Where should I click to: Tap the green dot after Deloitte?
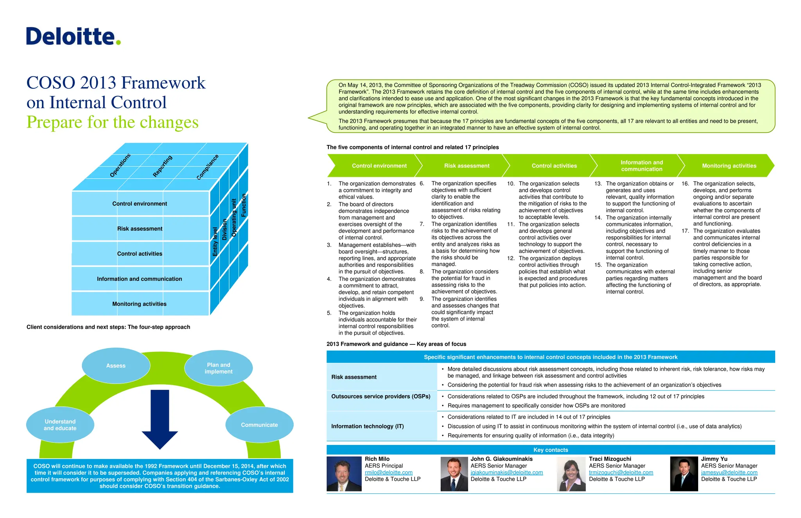[x=119, y=42]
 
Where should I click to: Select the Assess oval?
[x=116, y=366]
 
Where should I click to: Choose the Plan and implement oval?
[x=218, y=368]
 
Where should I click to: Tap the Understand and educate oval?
[x=60, y=425]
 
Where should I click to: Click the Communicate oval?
[x=259, y=425]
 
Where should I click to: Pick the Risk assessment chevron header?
[x=467, y=166]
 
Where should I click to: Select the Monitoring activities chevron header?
[x=729, y=166]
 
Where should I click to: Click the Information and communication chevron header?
[x=641, y=166]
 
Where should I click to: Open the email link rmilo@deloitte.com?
[x=388, y=472]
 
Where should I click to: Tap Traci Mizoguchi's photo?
[x=571, y=474]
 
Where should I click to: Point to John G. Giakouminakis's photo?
[x=454, y=474]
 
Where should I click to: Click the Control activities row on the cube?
[x=140, y=254]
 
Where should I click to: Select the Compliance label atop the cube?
[x=207, y=167]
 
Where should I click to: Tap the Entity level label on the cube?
[x=215, y=242]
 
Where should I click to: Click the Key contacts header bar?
[x=550, y=450]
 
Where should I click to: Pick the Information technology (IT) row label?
[x=367, y=426]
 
